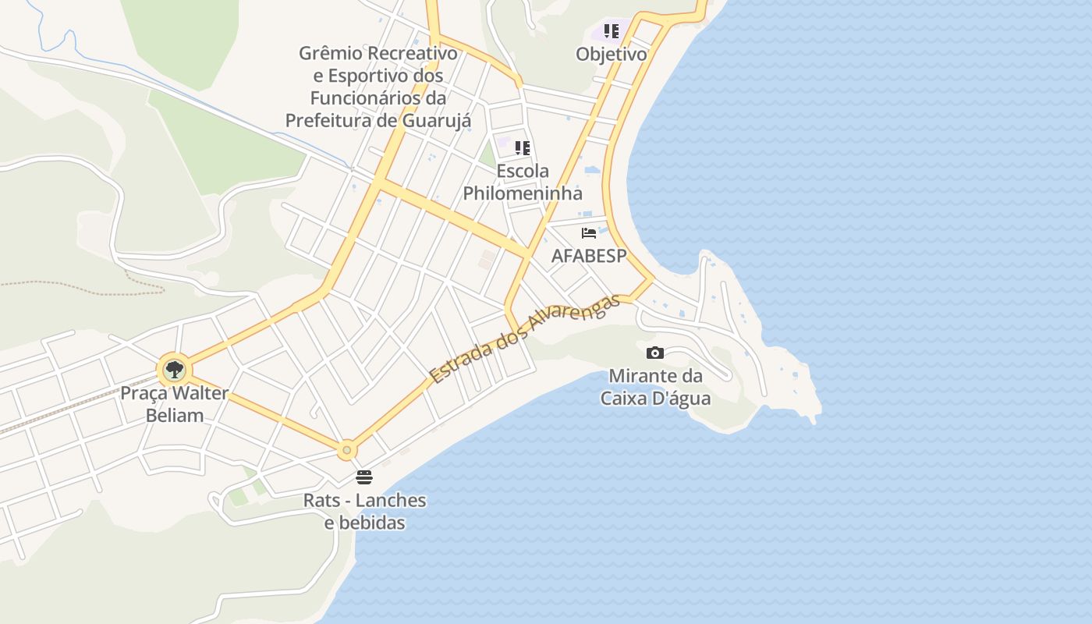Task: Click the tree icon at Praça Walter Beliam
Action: point(174,369)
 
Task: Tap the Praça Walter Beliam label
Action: point(174,404)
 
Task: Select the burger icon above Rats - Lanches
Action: point(364,477)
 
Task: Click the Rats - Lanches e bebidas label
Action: point(365,511)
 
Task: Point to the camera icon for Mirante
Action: point(655,353)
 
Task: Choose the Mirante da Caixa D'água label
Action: point(655,387)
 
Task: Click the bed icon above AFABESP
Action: point(589,232)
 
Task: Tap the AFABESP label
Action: point(589,256)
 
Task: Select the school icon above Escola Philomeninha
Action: point(523,147)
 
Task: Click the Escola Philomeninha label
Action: point(523,182)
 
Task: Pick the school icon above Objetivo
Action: point(612,31)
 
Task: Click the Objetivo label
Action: point(612,55)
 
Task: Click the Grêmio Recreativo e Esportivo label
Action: point(378,87)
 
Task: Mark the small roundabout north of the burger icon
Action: point(346,450)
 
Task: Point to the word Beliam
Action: point(175,415)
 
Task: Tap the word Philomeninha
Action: point(523,193)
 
